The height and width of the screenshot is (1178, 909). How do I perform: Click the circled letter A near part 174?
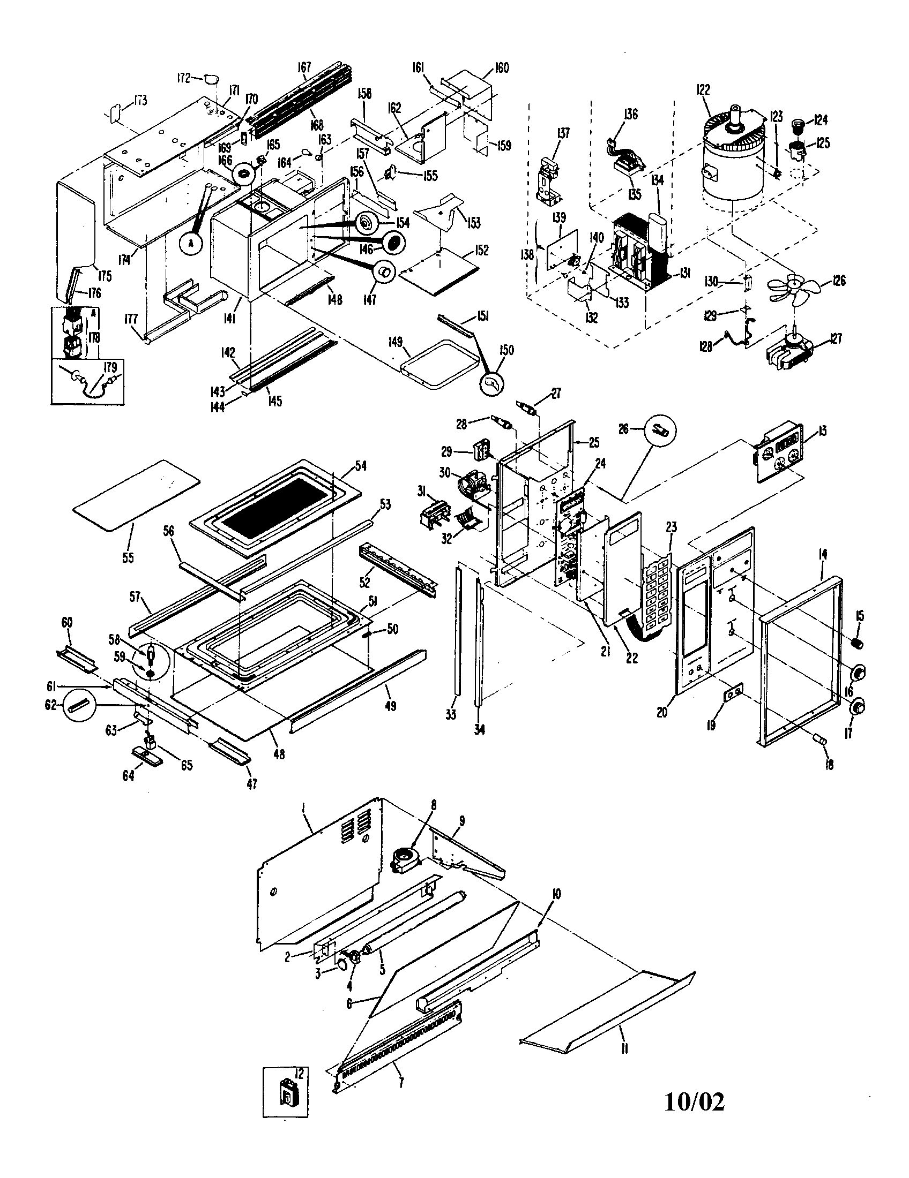pos(190,244)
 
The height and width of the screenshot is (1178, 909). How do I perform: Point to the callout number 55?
pos(128,557)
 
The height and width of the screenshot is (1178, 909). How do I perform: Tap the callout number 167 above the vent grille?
pos(304,67)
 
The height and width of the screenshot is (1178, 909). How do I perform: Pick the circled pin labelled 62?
pos(78,705)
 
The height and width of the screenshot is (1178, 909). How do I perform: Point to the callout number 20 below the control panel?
pos(661,712)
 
